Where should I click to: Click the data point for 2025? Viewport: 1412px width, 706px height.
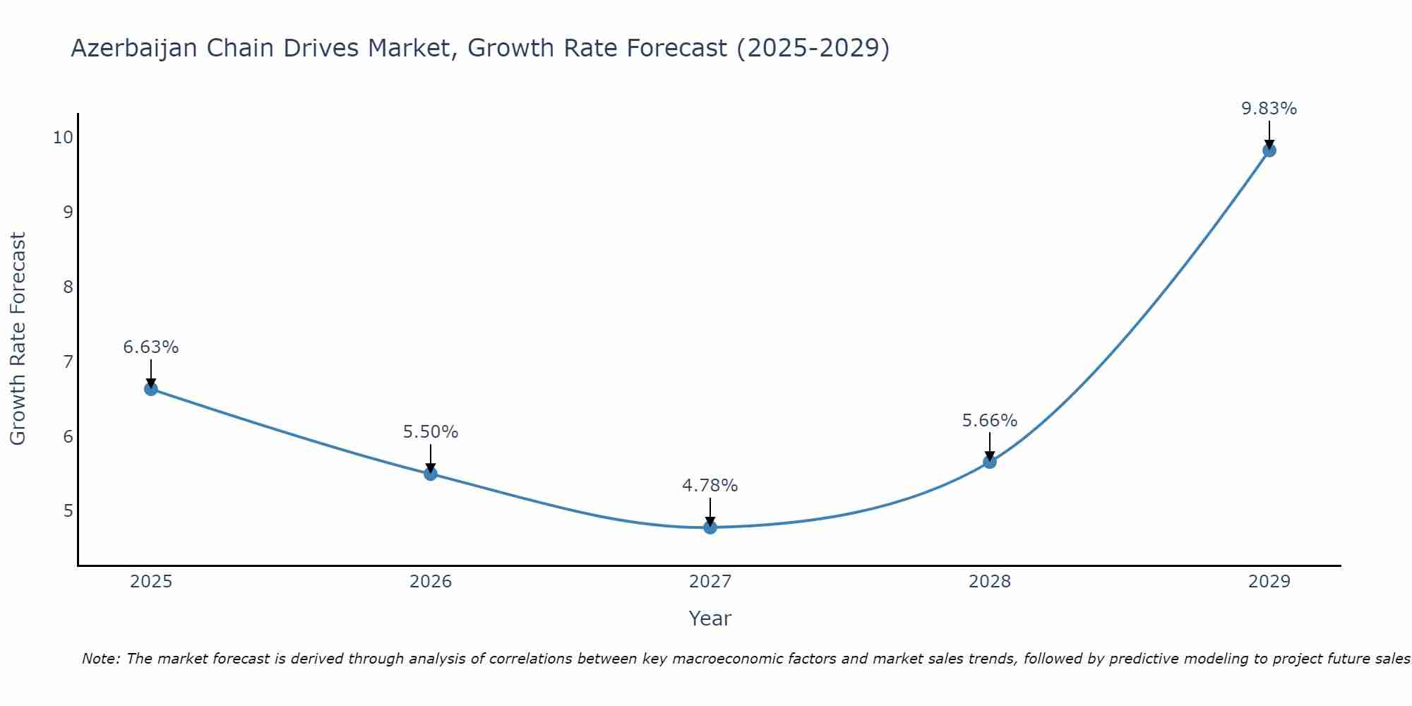(x=151, y=389)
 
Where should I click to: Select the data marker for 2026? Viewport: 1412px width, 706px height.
(x=431, y=474)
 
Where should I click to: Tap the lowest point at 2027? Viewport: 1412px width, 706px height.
(x=710, y=527)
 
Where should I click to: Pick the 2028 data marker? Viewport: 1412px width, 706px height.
(x=990, y=462)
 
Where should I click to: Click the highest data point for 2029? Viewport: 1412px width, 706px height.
(x=1269, y=150)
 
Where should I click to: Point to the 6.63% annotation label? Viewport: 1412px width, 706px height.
(x=151, y=347)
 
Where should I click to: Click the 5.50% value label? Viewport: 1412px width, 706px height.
(x=431, y=432)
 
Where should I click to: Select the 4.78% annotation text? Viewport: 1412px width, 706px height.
(x=710, y=486)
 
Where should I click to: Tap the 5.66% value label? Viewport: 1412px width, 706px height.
(x=990, y=421)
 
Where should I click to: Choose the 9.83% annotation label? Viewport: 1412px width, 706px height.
(x=1269, y=109)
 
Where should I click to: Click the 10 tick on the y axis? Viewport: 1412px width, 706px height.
(x=63, y=137)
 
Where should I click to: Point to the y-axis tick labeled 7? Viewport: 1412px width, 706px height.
(x=68, y=361)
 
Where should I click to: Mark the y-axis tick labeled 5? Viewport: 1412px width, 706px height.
(x=68, y=510)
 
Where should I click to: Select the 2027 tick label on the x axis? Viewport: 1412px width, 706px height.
(x=710, y=582)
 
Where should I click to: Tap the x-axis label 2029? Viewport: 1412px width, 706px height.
(x=1269, y=582)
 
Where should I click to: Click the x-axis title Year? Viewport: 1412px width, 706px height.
(x=710, y=618)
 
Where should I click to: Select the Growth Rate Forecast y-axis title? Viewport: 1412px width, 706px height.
(x=18, y=339)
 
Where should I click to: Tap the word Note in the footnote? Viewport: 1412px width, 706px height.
(x=100, y=659)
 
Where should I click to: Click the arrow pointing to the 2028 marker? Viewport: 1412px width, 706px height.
(x=990, y=448)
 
